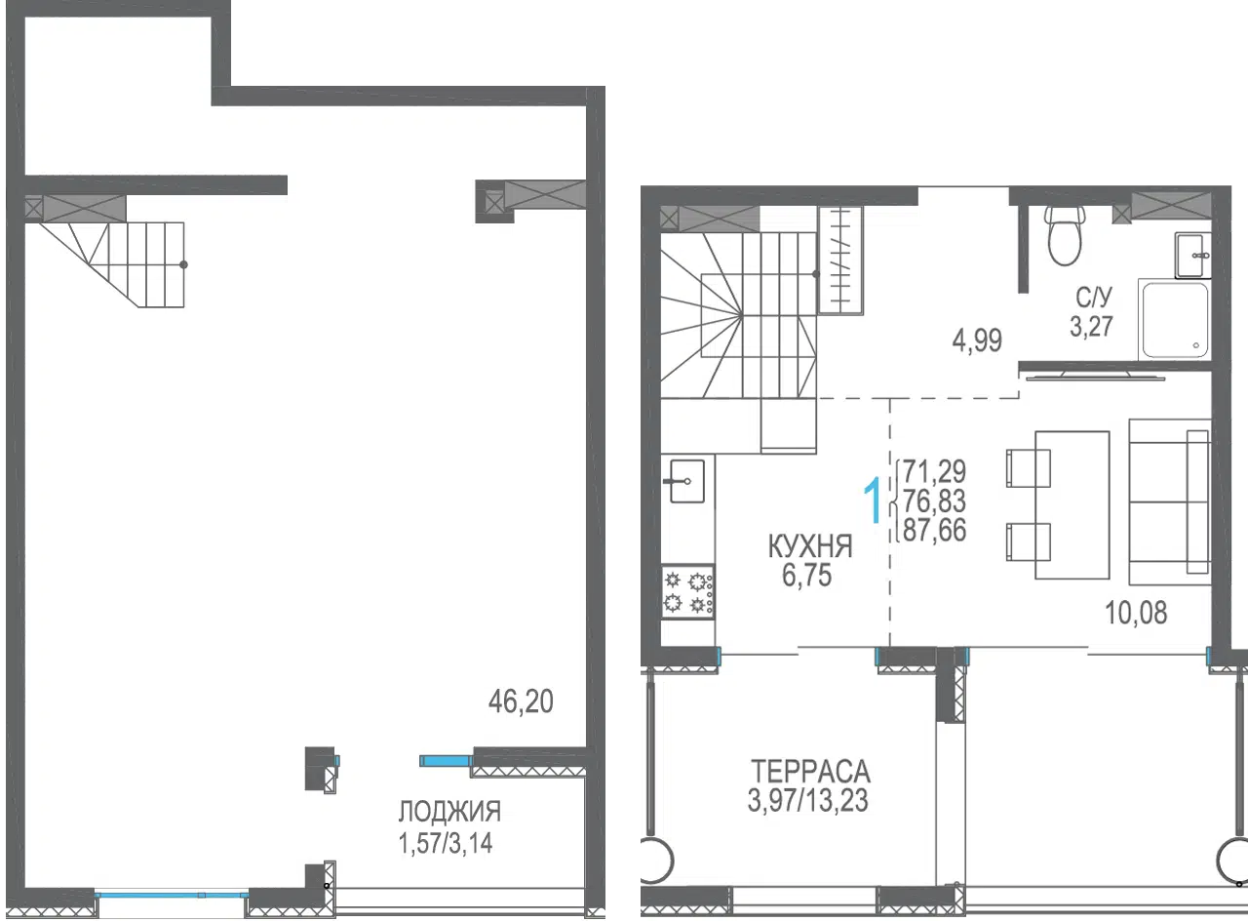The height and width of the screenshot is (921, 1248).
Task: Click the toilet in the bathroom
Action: (x=1065, y=236)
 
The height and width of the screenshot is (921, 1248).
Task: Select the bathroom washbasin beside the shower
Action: (x=1192, y=256)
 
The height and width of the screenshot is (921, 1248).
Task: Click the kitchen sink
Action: (x=686, y=481)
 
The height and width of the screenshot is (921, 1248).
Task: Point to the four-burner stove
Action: (x=687, y=591)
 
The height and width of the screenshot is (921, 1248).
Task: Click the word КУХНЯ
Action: (x=810, y=546)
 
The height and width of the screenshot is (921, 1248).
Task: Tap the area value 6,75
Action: (x=806, y=576)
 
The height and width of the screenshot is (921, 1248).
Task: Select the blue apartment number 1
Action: (x=873, y=501)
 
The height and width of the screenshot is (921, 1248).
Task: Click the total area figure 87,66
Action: (x=934, y=530)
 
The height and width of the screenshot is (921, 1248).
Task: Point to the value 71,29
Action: (x=934, y=471)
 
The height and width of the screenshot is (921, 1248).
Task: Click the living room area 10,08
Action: (x=1136, y=613)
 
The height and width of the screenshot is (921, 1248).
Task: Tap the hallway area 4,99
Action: (x=977, y=340)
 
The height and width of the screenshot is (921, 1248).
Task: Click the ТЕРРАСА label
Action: (x=810, y=772)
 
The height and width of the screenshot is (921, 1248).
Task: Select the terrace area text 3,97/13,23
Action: (x=808, y=801)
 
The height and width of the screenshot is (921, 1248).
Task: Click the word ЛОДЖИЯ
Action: (x=449, y=812)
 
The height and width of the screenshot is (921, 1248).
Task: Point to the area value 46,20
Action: (x=521, y=701)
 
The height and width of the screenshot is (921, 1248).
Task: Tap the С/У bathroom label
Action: (x=1094, y=298)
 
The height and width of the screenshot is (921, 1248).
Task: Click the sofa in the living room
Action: (x=1170, y=501)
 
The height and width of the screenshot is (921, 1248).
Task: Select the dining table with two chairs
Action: (x=1058, y=505)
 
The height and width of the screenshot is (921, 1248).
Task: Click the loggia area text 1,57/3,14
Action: (x=446, y=843)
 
